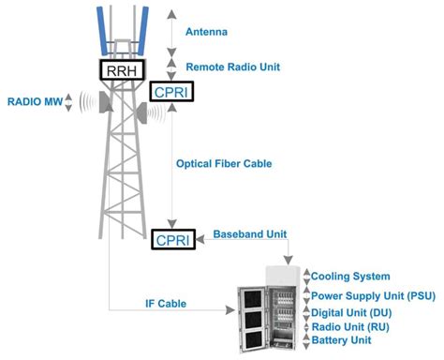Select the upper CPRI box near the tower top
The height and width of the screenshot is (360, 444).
point(171,91)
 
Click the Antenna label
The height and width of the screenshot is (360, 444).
point(206,32)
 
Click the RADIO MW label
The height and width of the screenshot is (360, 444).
point(31,100)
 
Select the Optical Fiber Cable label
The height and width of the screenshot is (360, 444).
point(224,163)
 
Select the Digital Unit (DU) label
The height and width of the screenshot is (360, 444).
point(351,311)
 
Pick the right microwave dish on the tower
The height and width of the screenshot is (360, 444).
point(142,113)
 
